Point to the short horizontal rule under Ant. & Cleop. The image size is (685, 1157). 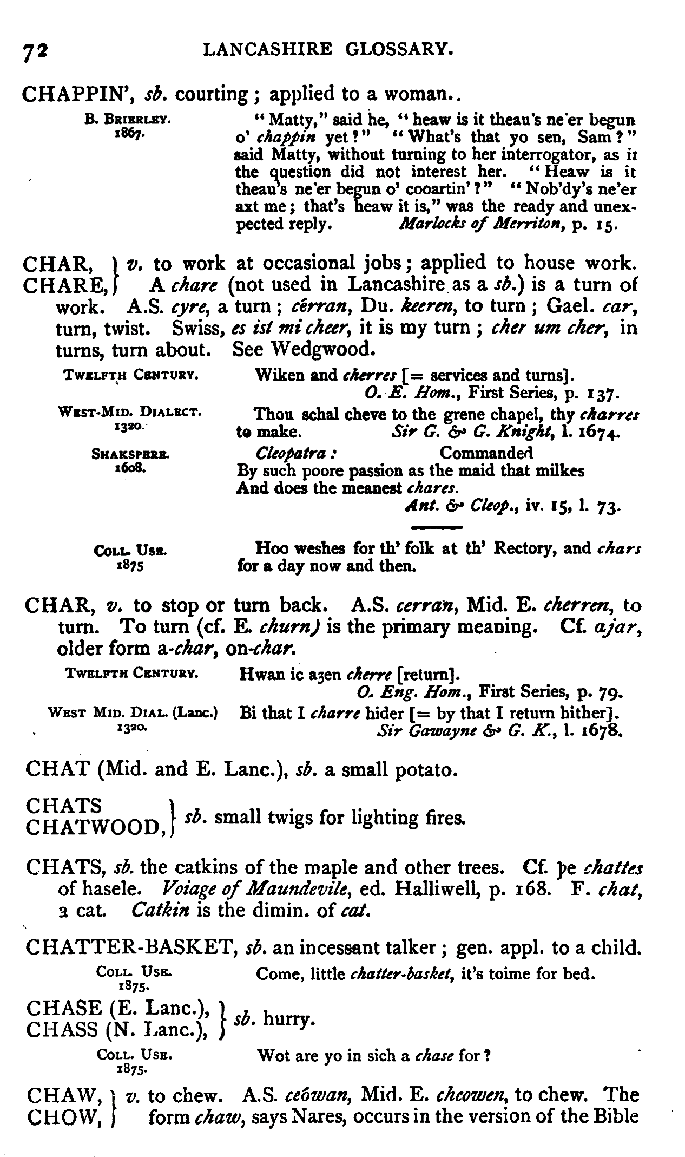tap(437, 527)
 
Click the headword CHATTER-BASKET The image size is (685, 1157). tap(129, 949)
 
